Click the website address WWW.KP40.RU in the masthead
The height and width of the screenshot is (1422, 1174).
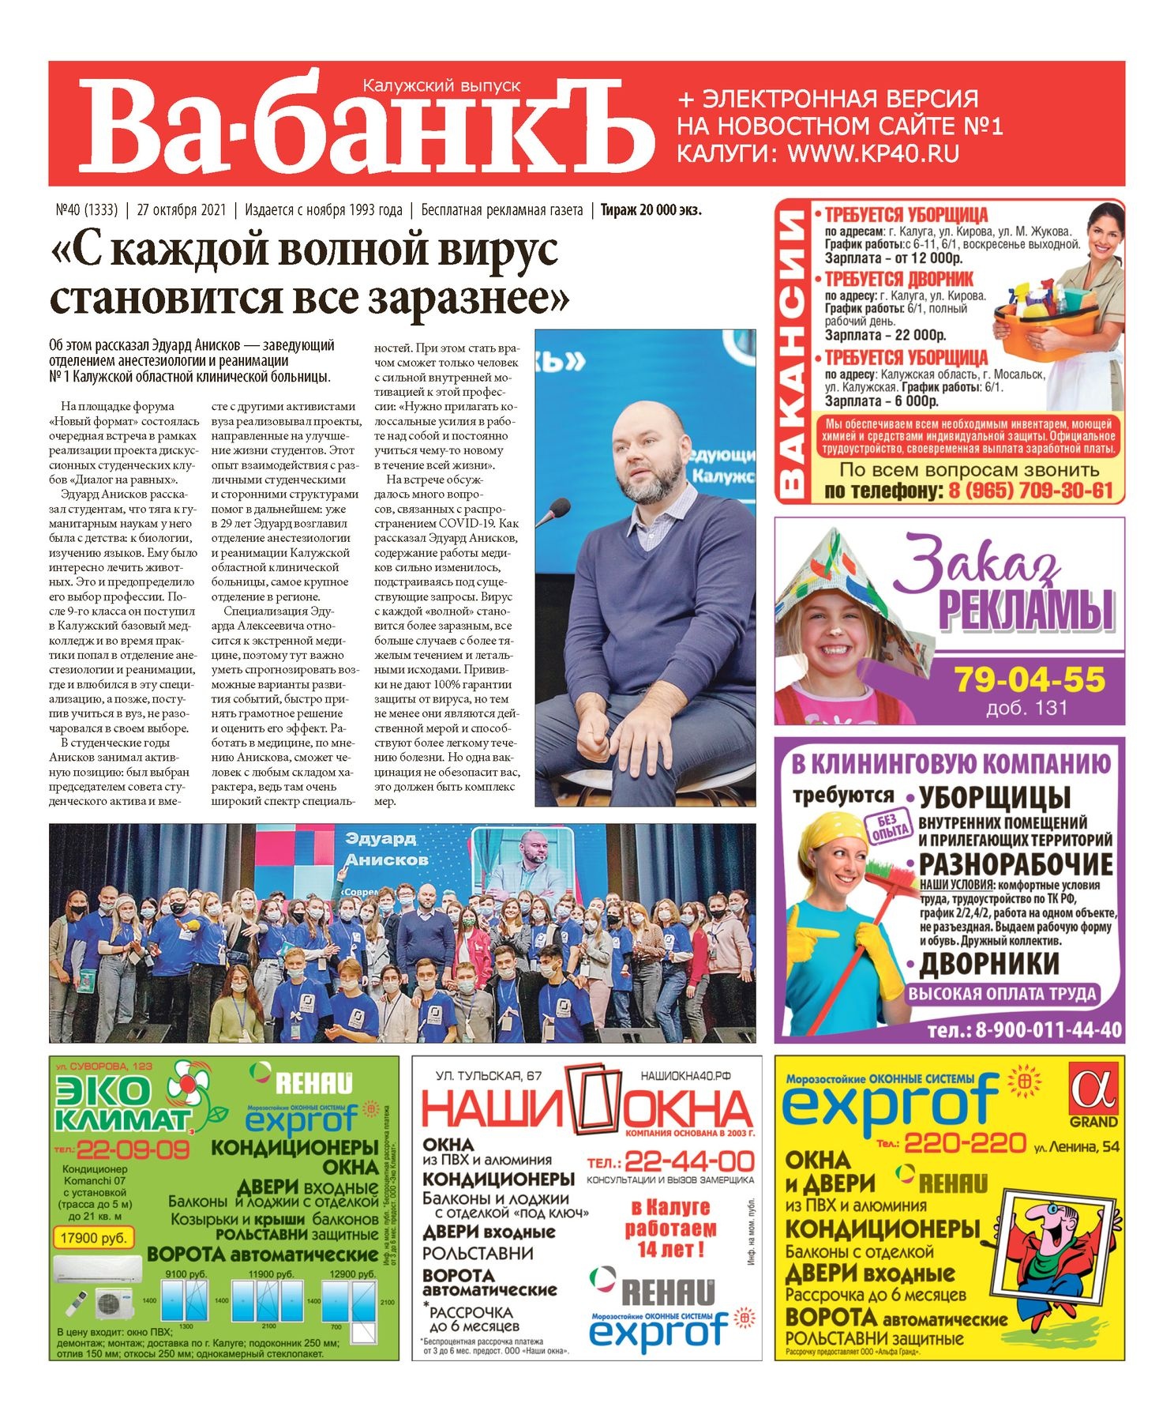click(872, 153)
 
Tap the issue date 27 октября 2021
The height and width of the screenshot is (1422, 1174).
click(182, 210)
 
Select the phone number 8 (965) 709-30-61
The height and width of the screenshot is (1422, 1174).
click(1030, 491)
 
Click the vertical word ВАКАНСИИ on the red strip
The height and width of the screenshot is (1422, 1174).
click(793, 352)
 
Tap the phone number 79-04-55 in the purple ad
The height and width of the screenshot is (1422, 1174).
click(1030, 679)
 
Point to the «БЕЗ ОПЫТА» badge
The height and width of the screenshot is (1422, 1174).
click(887, 826)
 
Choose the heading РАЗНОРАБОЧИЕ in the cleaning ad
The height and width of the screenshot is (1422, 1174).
click(1016, 864)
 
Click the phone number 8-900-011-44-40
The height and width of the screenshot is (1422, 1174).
click(1024, 1030)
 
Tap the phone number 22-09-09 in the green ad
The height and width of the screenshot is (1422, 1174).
click(132, 1149)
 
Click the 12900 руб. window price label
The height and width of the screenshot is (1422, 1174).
click(352, 1274)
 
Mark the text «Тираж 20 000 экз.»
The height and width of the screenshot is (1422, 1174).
click(651, 210)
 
